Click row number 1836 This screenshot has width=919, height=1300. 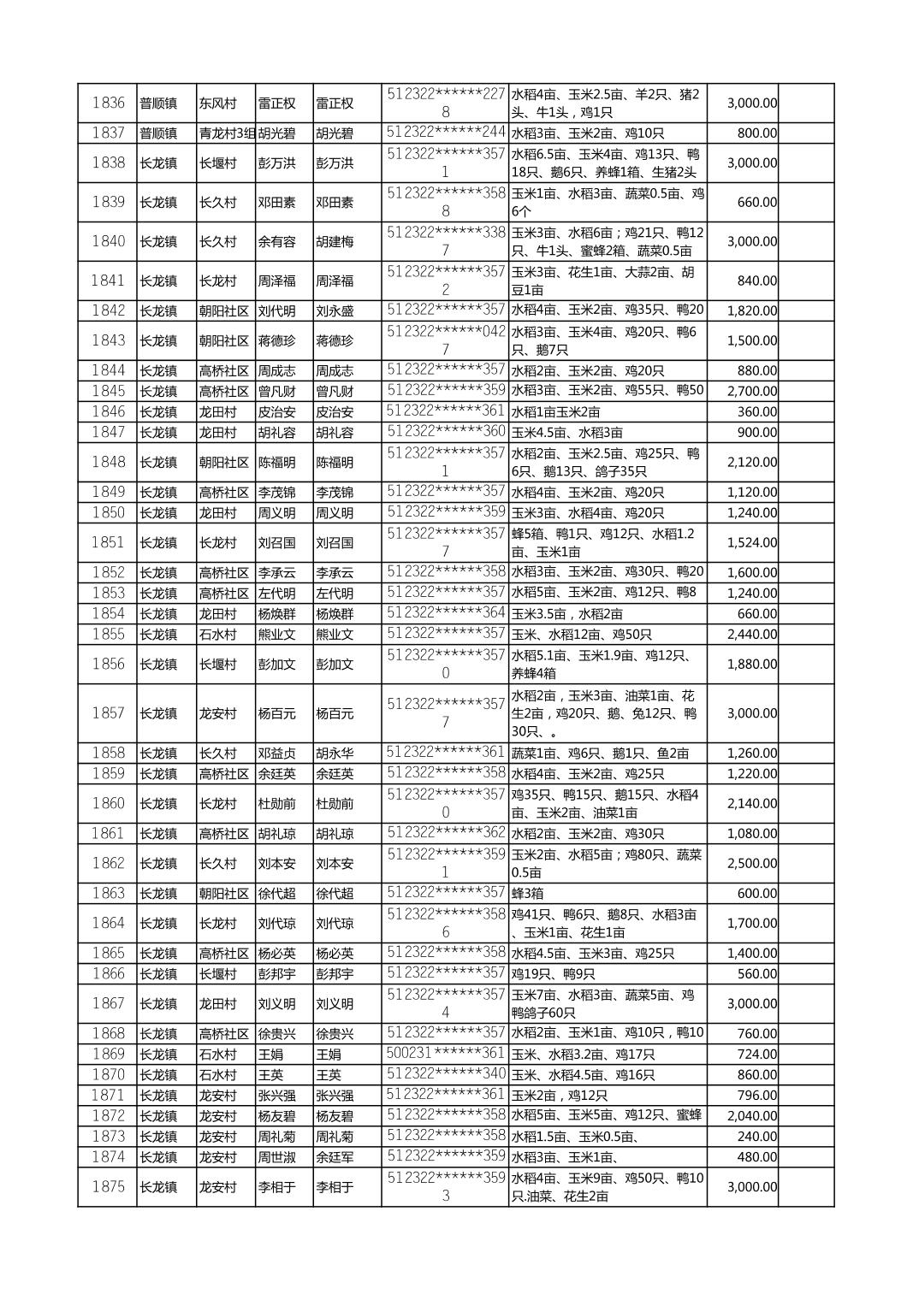pyautogui.click(x=108, y=103)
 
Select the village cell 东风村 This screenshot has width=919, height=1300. pyautogui.click(x=217, y=103)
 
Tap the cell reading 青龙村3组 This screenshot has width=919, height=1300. pyautogui.click(x=227, y=133)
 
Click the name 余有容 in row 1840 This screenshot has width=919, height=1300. pyautogui.click(x=276, y=242)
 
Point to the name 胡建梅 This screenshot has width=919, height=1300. pyautogui.click(x=335, y=242)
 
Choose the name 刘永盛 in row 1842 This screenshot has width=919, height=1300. pyautogui.click(x=335, y=310)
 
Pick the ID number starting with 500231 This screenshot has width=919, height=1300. pyautogui.click(x=445, y=1054)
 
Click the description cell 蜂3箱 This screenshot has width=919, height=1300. pyautogui.click(x=531, y=893)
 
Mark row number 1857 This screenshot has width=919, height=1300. pyautogui.click(x=108, y=712)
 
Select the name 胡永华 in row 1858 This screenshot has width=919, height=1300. pyautogui.click(x=335, y=753)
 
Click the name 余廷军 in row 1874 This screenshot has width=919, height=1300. pyautogui.click(x=335, y=1157)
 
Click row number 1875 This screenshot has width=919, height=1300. pyautogui.click(x=108, y=1186)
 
